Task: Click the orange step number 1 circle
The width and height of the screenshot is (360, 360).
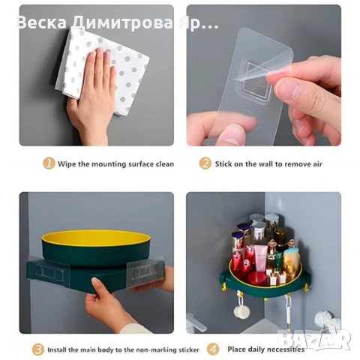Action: pyautogui.click(x=49, y=163)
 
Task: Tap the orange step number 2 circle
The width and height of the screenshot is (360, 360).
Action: pyautogui.click(x=205, y=163)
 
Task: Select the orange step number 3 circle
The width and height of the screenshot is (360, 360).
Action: pyautogui.click(x=37, y=349)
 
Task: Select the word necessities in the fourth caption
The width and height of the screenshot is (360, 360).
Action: pyautogui.click(x=287, y=349)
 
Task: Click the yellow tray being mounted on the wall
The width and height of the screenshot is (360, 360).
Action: pyautogui.click(x=95, y=240)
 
